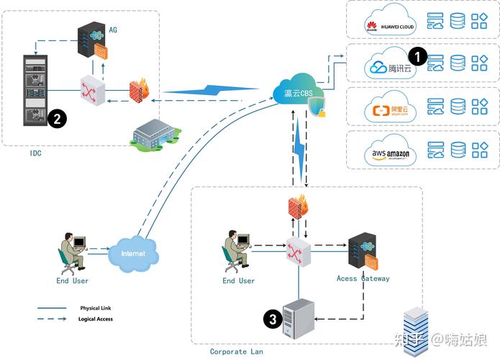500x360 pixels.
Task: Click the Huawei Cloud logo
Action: point(388,22)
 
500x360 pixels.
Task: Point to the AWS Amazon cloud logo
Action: point(388,150)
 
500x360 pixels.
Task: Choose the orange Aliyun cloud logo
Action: point(388,108)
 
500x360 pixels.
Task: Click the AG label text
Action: point(112,30)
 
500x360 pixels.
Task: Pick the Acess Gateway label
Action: point(363,279)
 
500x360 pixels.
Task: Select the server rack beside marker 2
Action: point(31,89)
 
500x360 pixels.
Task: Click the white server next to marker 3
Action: point(299,318)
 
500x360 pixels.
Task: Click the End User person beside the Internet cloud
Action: point(72,253)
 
